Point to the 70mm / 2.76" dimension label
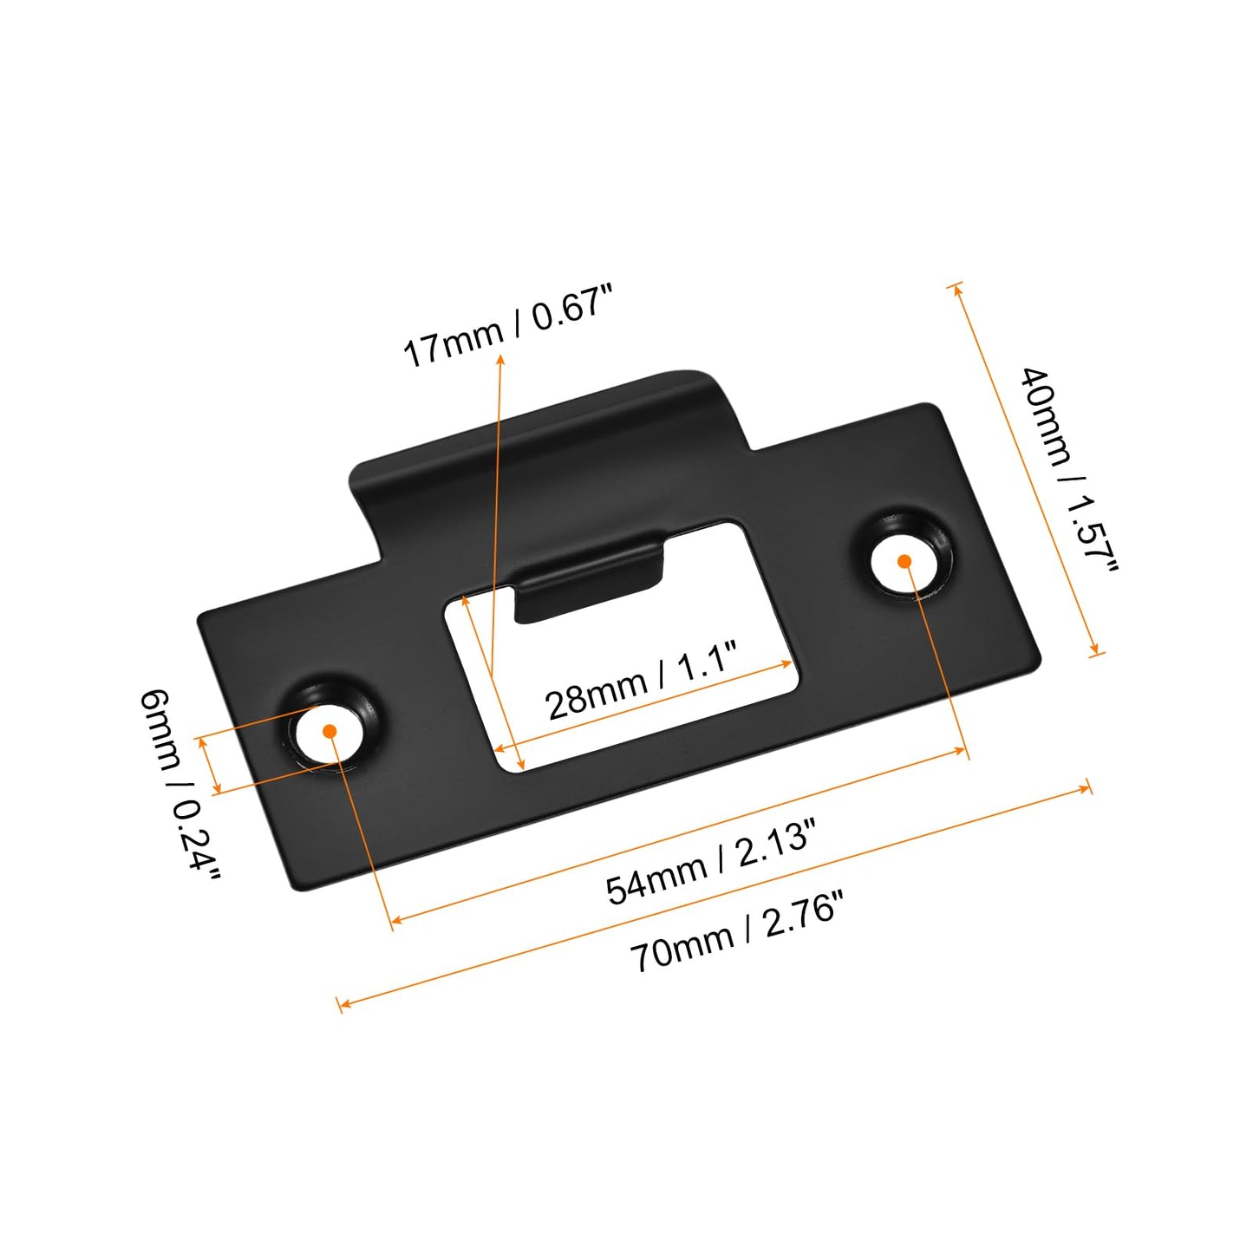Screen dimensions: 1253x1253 [x=735, y=932]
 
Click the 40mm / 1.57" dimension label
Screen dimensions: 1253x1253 [x=1068, y=469]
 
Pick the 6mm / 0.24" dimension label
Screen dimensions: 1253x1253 [x=179, y=784]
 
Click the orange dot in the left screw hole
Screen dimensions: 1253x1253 [x=330, y=731]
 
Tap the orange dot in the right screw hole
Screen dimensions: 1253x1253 [x=904, y=561]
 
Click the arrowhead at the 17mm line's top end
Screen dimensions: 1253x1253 [x=500, y=358]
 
